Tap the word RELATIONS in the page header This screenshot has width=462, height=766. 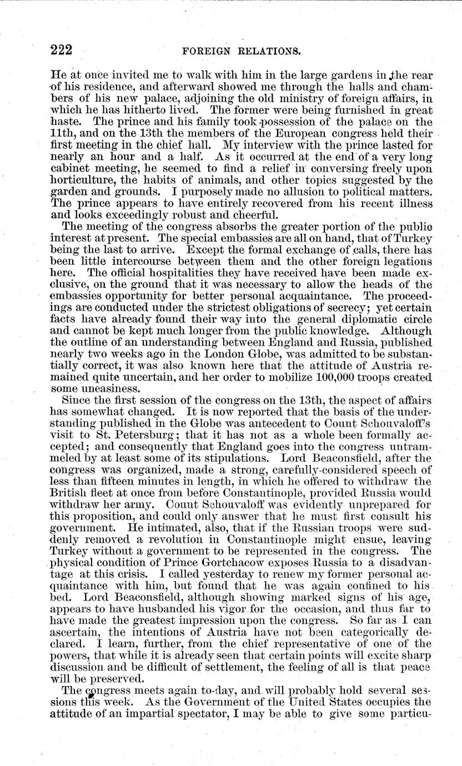[x=269, y=52]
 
